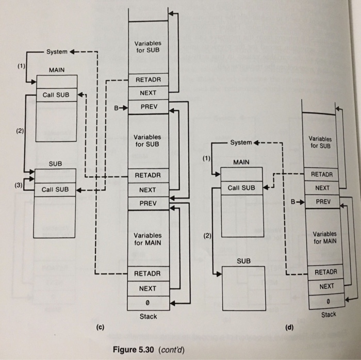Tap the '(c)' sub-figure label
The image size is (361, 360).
click(100, 327)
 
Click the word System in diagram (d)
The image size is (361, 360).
click(241, 142)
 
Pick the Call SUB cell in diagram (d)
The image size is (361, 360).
click(241, 187)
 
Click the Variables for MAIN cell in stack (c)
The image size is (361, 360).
click(148, 239)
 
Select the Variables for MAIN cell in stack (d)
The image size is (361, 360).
click(324, 237)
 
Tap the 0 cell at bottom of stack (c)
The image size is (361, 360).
click(148, 302)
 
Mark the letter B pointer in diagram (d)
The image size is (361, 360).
click(293, 202)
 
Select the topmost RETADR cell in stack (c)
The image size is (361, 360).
click(148, 80)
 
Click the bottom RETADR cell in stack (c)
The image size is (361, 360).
click(148, 273)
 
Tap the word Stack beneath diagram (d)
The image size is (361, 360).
click(329, 314)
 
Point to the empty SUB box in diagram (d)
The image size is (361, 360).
click(243, 289)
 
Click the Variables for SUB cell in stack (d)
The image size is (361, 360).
click(321, 142)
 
